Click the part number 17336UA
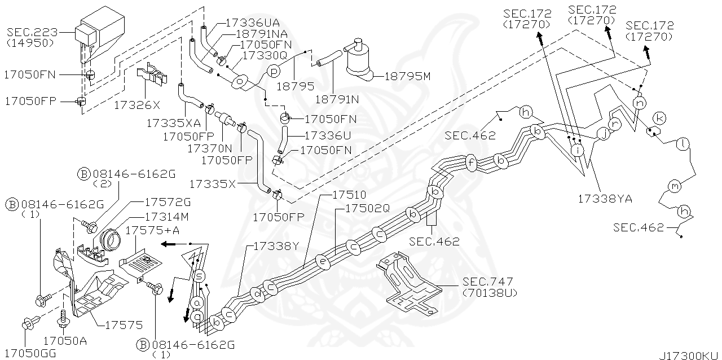[252, 23]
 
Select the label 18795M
[407, 76]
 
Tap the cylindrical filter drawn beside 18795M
[360, 56]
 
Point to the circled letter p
[273, 71]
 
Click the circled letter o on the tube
[241, 82]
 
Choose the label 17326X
[137, 104]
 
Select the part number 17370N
[210, 148]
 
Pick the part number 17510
[348, 195]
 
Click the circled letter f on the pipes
[472, 164]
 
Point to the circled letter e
[322, 262]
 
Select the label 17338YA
[605, 199]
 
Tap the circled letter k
[660, 118]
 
